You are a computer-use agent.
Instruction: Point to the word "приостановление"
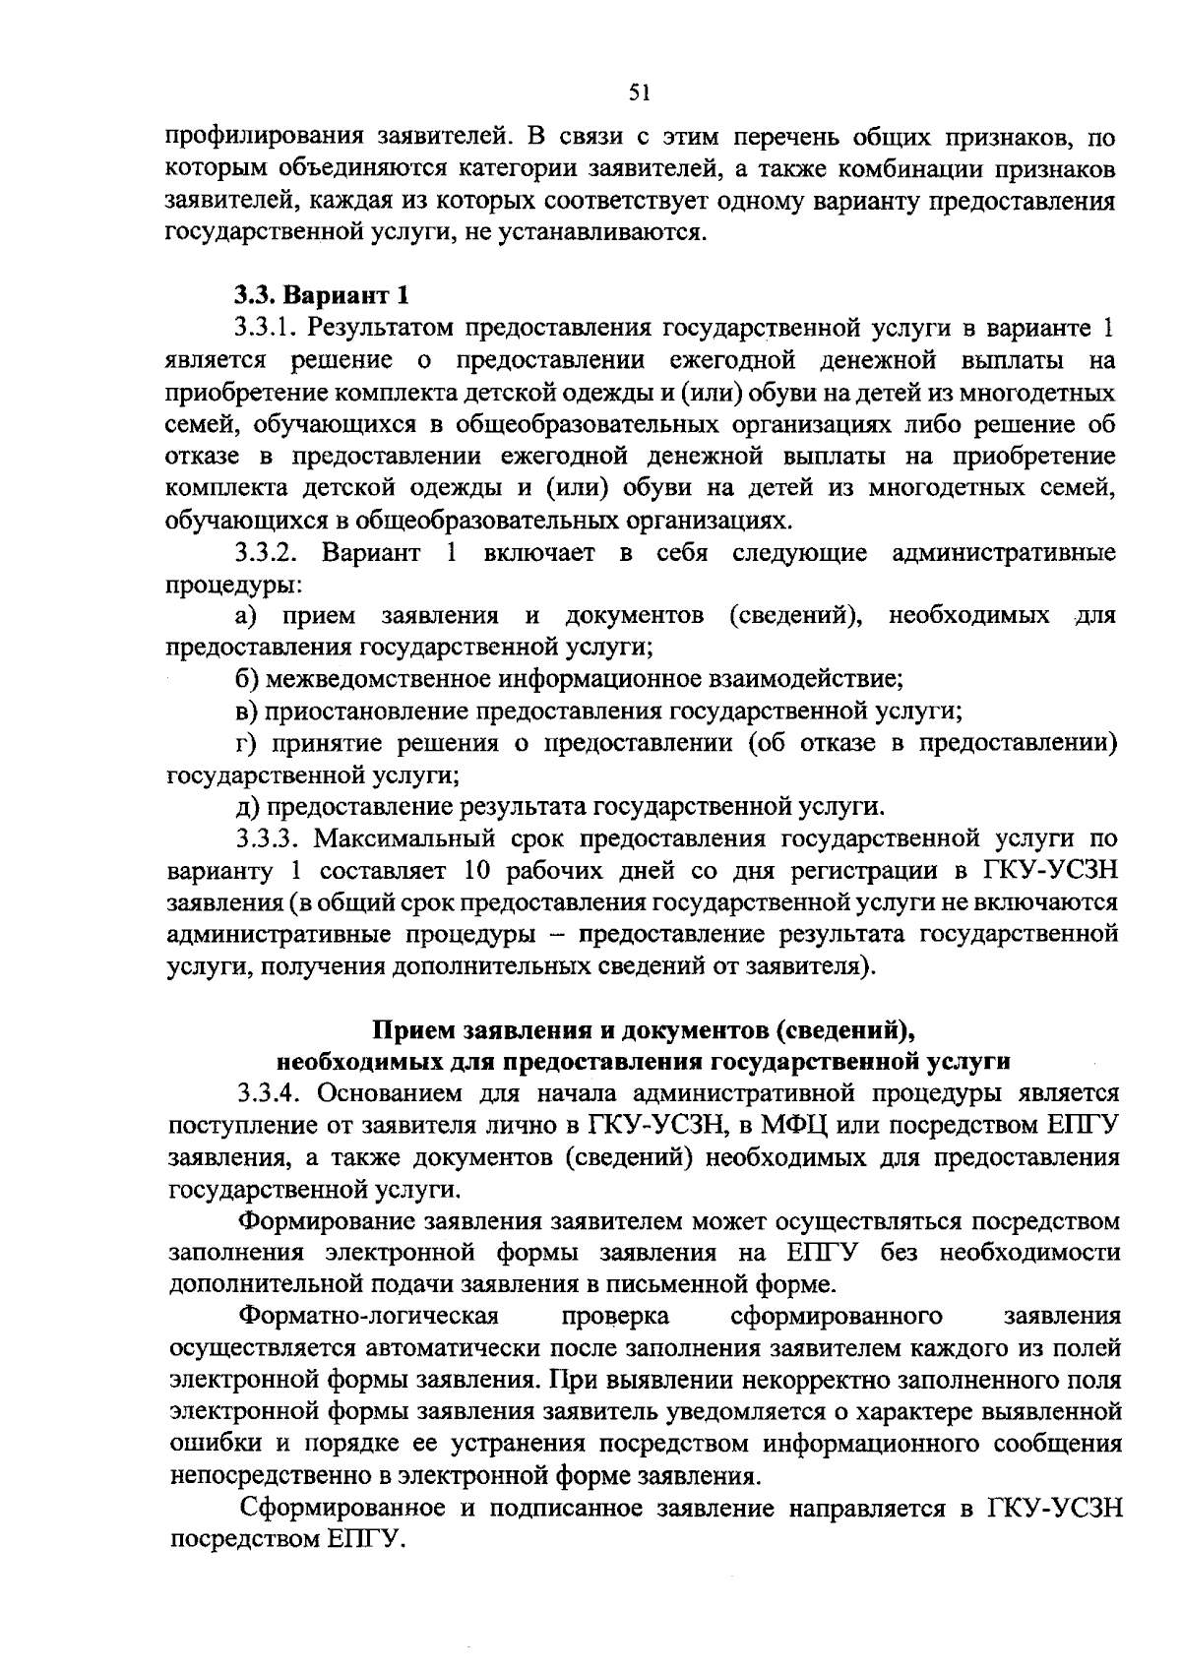point(366,712)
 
